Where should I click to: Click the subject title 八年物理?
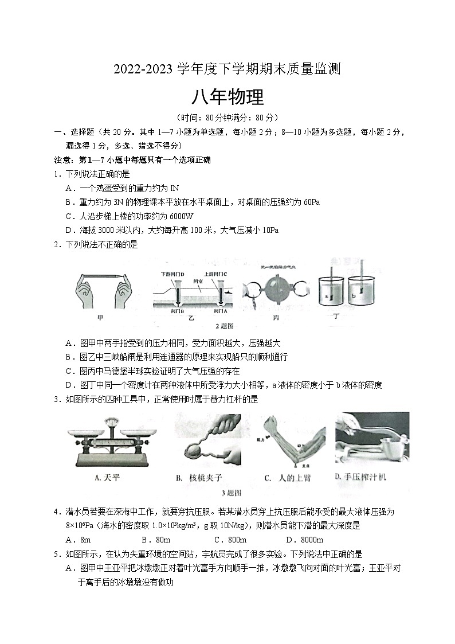tap(227, 97)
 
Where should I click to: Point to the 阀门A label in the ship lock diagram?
tap(221, 311)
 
